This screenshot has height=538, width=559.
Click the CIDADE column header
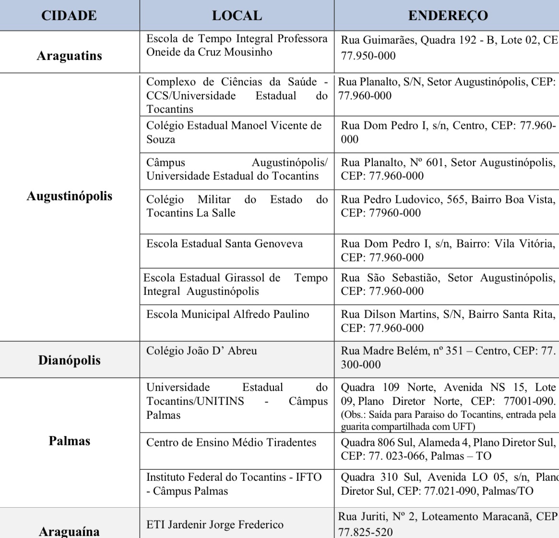[69, 15]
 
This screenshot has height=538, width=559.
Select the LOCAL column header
[237, 15]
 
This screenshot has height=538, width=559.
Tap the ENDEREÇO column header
[448, 15]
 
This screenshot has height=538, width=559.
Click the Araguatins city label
[69, 56]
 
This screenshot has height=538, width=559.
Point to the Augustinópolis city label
[69, 196]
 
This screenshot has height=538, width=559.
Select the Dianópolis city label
[69, 360]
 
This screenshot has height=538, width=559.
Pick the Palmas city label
[69, 440]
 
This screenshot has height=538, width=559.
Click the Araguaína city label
[69, 531]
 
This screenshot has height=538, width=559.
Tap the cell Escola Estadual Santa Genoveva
[225, 244]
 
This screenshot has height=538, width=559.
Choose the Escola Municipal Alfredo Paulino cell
[228, 314]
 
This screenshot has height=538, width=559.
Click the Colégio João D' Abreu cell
[202, 351]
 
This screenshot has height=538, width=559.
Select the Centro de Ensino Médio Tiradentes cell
[231, 442]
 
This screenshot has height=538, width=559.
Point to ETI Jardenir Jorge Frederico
[214, 525]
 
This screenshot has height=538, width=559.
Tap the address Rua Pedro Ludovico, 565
[448, 206]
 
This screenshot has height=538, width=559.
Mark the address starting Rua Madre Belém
[448, 357]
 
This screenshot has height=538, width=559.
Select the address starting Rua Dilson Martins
[448, 321]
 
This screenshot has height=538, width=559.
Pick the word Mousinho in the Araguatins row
[248, 52]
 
